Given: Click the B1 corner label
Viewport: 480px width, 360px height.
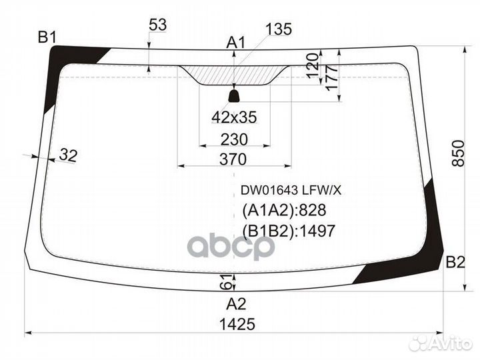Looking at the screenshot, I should pyautogui.click(x=47, y=37).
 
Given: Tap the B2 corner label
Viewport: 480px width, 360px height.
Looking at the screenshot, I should pyautogui.click(x=455, y=262).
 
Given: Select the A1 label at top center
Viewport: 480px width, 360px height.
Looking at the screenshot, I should pyautogui.click(x=236, y=43).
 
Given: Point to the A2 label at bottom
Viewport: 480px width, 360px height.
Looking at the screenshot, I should pyautogui.click(x=236, y=305).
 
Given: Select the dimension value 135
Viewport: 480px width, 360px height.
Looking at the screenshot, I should pyautogui.click(x=278, y=29).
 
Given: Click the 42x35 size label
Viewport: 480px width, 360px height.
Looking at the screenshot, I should pyautogui.click(x=234, y=117).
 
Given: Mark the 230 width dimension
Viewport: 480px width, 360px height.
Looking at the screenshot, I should pyautogui.click(x=234, y=139).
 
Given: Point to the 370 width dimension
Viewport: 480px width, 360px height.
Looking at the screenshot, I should pyautogui.click(x=233, y=159).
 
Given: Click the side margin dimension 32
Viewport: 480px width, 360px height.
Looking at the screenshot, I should pyautogui.click(x=68, y=156).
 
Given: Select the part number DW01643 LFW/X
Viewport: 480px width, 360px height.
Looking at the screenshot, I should pyautogui.click(x=291, y=190).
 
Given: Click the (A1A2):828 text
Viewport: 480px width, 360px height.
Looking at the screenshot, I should pyautogui.click(x=283, y=211).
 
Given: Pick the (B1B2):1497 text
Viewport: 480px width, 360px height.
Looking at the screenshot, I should pyautogui.click(x=287, y=231).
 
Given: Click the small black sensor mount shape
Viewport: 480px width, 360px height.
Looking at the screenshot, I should pyautogui.click(x=234, y=96).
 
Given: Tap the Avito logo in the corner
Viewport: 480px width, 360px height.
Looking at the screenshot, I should pyautogui.click(x=440, y=343).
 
